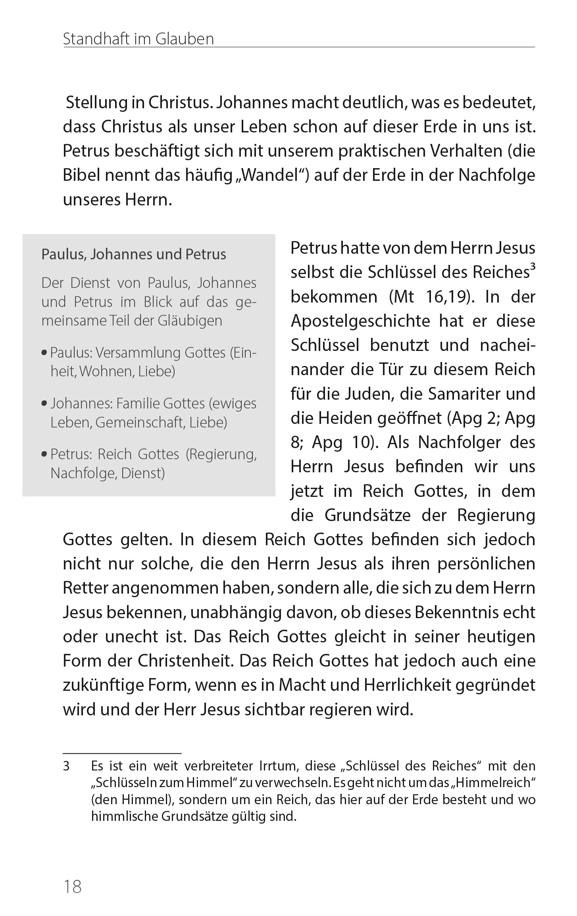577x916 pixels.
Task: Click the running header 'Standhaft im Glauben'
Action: (x=138, y=39)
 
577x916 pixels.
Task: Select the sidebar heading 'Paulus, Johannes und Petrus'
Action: (x=134, y=254)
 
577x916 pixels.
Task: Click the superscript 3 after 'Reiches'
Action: (x=533, y=267)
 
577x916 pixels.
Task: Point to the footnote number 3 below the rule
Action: (x=66, y=766)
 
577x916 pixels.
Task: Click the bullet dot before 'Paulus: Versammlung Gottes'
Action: (x=44, y=353)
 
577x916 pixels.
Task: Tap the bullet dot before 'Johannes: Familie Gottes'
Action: (x=44, y=404)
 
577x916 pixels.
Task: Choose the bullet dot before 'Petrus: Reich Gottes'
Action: (x=44, y=454)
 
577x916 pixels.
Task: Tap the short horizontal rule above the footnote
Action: (x=122, y=753)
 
